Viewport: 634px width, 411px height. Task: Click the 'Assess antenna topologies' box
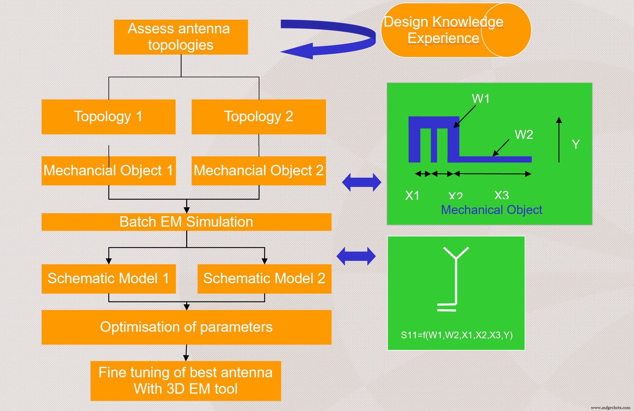coord(181,37)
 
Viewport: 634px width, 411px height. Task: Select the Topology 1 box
coord(108,117)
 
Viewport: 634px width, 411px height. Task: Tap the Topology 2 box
coord(259,117)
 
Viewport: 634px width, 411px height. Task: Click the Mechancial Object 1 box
coord(108,171)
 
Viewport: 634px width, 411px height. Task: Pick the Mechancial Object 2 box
coord(259,171)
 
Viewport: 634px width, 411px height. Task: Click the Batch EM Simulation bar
coord(186,222)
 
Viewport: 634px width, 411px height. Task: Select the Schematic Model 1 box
coord(108,279)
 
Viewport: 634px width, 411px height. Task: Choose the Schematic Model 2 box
coord(264,279)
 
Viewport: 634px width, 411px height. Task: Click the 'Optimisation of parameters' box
coord(186,327)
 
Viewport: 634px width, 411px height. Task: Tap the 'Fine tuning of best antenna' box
coord(186,381)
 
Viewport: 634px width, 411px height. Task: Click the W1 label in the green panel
coord(480,99)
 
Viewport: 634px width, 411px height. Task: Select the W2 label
coord(524,135)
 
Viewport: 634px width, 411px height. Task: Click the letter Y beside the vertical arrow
coord(576,145)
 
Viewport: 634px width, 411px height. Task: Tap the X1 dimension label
coord(412,195)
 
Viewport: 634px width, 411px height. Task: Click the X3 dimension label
coord(501,195)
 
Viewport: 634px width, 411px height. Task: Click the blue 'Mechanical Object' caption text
coord(491,210)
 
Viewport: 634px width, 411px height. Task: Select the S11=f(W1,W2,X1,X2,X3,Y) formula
coord(456,335)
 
